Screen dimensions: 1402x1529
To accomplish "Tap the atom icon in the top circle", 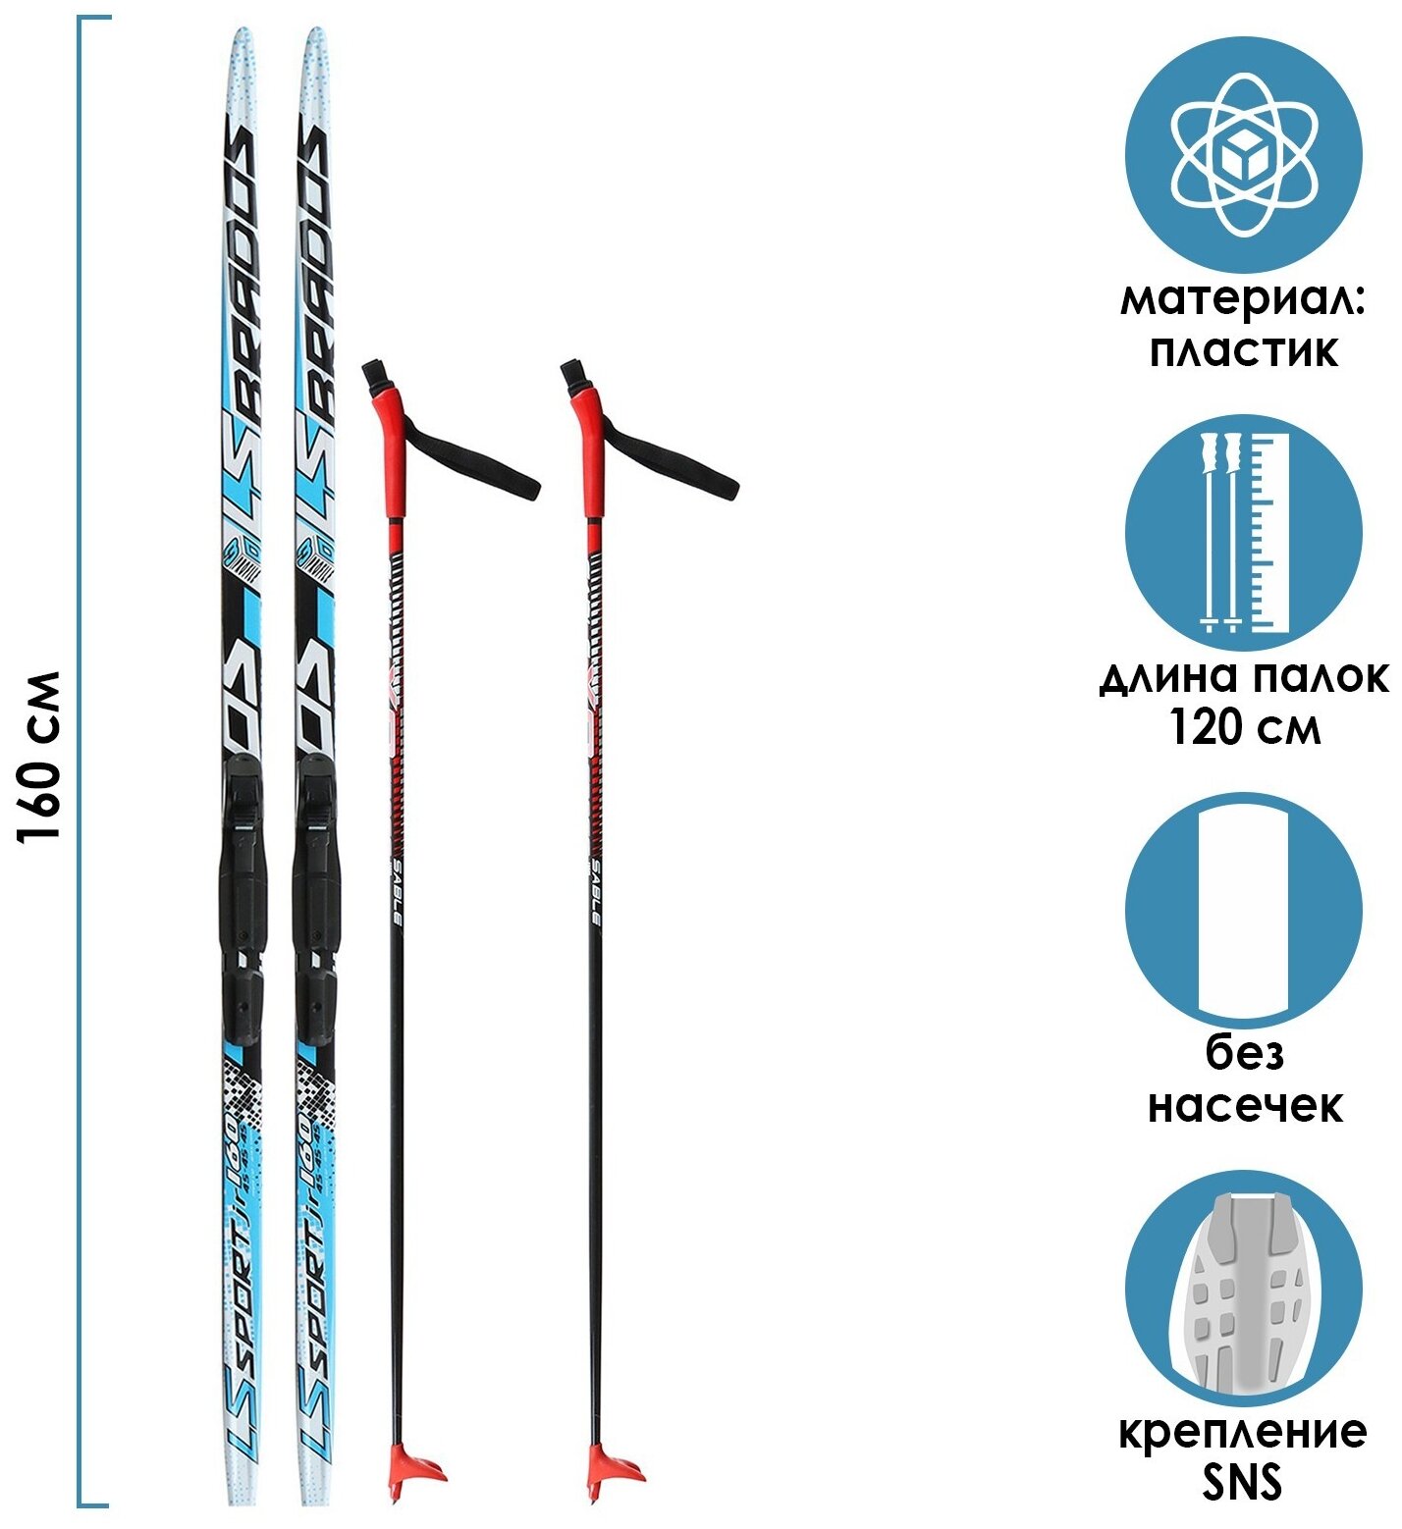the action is [1243, 155].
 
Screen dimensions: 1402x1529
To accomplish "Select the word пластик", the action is [1243, 350].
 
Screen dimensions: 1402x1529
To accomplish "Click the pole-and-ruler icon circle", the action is [1243, 532].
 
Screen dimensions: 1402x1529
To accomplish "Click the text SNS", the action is [1243, 1482].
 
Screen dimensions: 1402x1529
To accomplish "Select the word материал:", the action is [1243, 299].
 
